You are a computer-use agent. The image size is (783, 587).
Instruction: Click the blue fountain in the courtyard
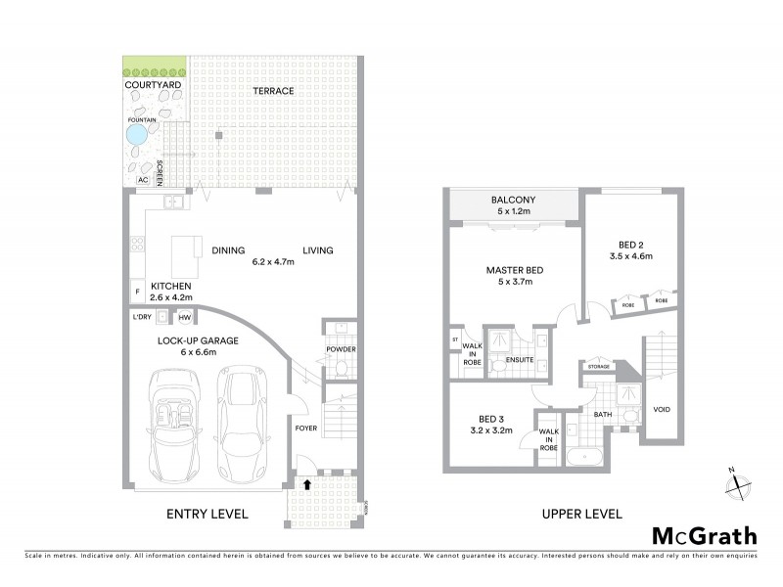coord(138,132)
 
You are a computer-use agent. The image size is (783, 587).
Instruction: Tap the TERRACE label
coord(273,91)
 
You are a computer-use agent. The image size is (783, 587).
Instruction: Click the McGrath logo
coord(705,535)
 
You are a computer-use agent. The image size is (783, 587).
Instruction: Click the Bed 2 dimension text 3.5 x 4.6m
coord(631,256)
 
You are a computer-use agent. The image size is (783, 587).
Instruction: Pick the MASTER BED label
coord(515,271)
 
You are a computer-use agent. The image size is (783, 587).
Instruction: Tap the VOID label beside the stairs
coord(661,409)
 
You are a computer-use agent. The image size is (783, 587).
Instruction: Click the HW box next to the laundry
coord(184,317)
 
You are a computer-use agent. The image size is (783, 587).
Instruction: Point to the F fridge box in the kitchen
coord(137,291)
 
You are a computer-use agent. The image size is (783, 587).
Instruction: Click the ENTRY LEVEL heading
coord(207,514)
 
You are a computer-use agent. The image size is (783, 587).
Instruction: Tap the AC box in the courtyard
coord(144,180)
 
